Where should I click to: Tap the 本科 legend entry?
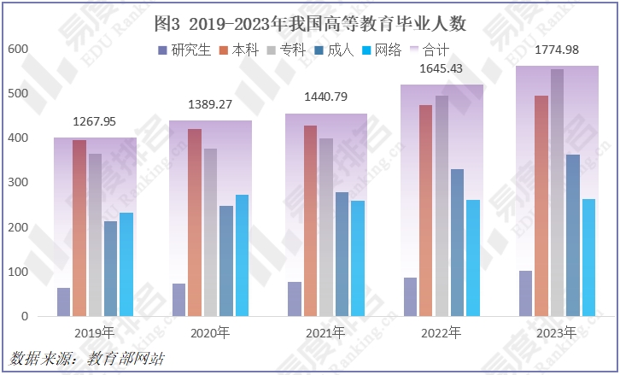tap(243, 50)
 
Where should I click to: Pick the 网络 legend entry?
tap(381, 50)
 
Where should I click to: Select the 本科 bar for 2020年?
tap(195, 222)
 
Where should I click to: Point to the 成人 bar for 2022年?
tap(458, 243)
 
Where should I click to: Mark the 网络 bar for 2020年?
tap(243, 255)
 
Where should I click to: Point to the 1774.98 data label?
tap(556, 50)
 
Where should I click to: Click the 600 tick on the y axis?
tap(18, 50)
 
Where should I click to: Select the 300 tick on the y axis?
tap(18, 183)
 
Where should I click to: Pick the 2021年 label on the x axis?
tap(325, 331)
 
